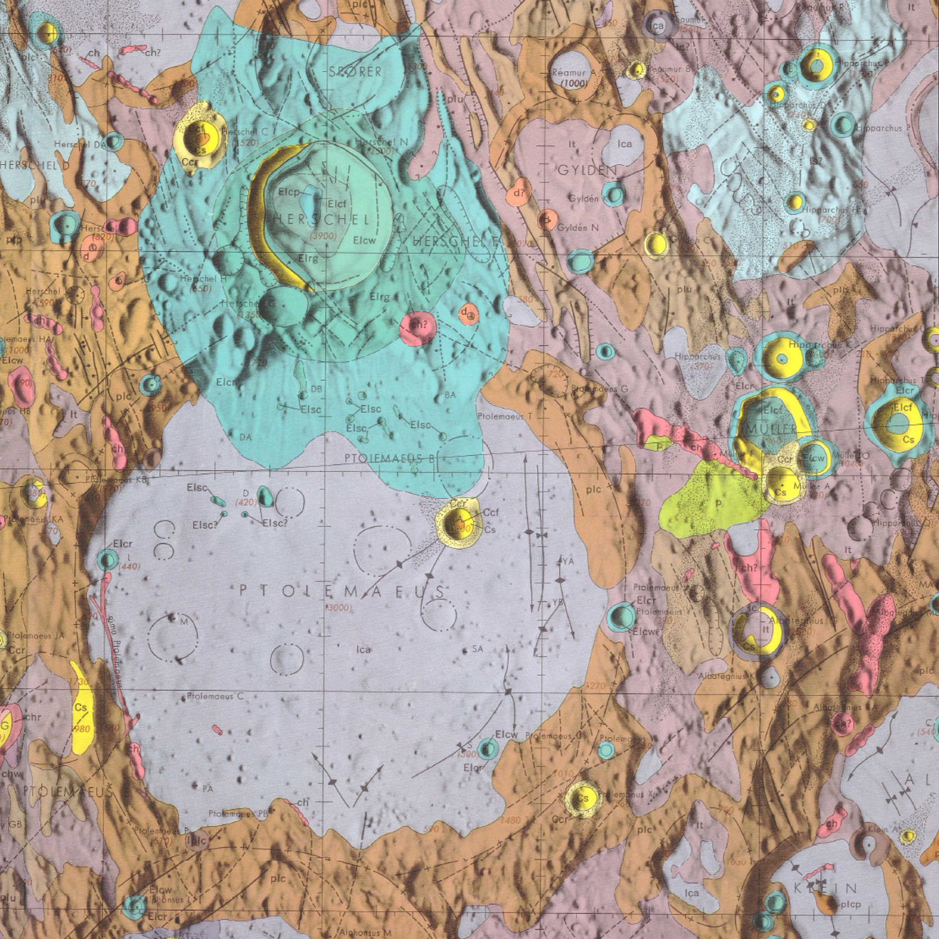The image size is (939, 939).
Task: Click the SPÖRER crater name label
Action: coord(355,72)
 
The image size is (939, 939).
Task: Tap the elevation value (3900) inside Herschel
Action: coord(324,236)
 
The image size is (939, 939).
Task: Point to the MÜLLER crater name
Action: coord(772,429)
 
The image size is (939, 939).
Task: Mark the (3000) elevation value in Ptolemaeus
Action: coord(339,608)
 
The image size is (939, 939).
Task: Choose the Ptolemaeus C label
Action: coord(215,696)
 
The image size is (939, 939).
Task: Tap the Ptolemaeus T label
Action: coord(500,417)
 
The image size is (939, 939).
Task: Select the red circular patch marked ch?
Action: coord(418,326)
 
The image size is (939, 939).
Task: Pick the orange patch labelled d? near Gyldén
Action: coord(519,193)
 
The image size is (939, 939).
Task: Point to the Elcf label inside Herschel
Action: coord(337,205)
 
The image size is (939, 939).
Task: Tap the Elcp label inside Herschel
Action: coord(289,192)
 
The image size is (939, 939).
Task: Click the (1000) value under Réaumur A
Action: coord(573,83)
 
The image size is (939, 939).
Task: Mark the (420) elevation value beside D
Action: coord(246,503)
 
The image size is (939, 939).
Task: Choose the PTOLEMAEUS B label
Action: coord(389,458)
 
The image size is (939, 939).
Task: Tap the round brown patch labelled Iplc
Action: coord(196,841)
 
